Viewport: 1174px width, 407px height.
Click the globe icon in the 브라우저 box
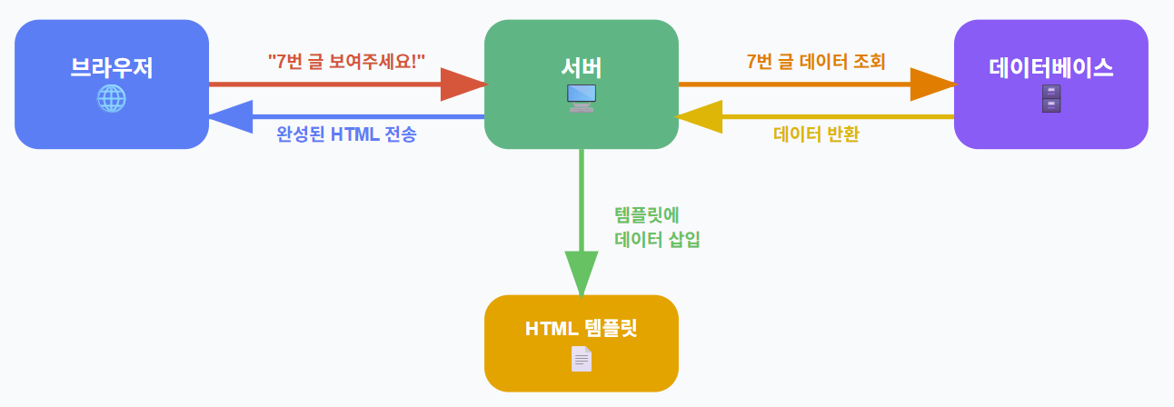click(111, 98)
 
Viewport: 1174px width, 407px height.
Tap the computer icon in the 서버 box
click(582, 96)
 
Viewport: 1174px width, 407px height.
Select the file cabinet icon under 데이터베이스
click(1050, 98)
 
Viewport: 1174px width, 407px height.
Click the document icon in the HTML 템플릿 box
click(582, 359)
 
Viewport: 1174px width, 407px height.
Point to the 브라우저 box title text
click(111, 68)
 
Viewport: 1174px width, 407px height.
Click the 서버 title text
click(582, 67)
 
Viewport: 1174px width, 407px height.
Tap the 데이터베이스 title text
click(1050, 67)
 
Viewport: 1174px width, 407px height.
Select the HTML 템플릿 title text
click(582, 328)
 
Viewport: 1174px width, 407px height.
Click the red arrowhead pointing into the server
click(464, 84)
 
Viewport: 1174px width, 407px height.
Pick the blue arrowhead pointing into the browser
click(230, 117)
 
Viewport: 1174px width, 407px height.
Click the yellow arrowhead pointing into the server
click(698, 117)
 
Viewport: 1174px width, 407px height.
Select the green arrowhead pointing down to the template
click(582, 273)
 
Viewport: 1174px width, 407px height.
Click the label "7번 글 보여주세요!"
click(347, 61)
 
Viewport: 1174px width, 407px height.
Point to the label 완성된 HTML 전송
click(346, 134)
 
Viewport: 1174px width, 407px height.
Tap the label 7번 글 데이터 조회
click(816, 61)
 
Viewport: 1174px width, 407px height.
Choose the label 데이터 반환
click(816, 134)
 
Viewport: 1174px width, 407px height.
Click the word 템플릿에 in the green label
click(647, 215)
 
